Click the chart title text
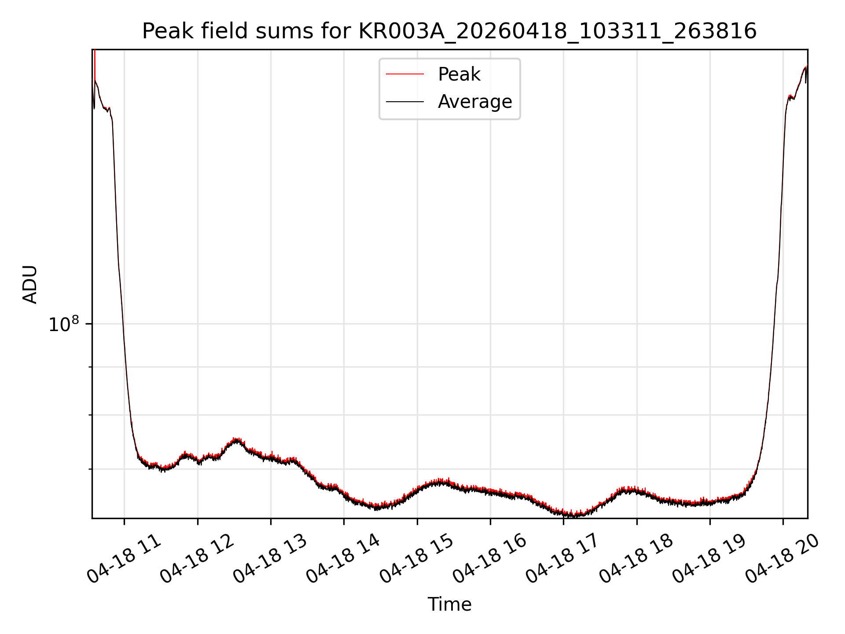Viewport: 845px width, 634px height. (x=449, y=31)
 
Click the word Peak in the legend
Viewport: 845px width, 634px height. (x=459, y=74)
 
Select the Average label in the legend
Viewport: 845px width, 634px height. (x=475, y=102)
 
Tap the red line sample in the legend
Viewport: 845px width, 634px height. (x=405, y=74)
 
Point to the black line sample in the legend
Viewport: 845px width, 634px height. (x=405, y=102)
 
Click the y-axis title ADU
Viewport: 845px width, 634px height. (x=30, y=284)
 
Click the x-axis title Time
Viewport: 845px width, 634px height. (x=449, y=604)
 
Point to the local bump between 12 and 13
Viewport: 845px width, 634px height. (x=237, y=440)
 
